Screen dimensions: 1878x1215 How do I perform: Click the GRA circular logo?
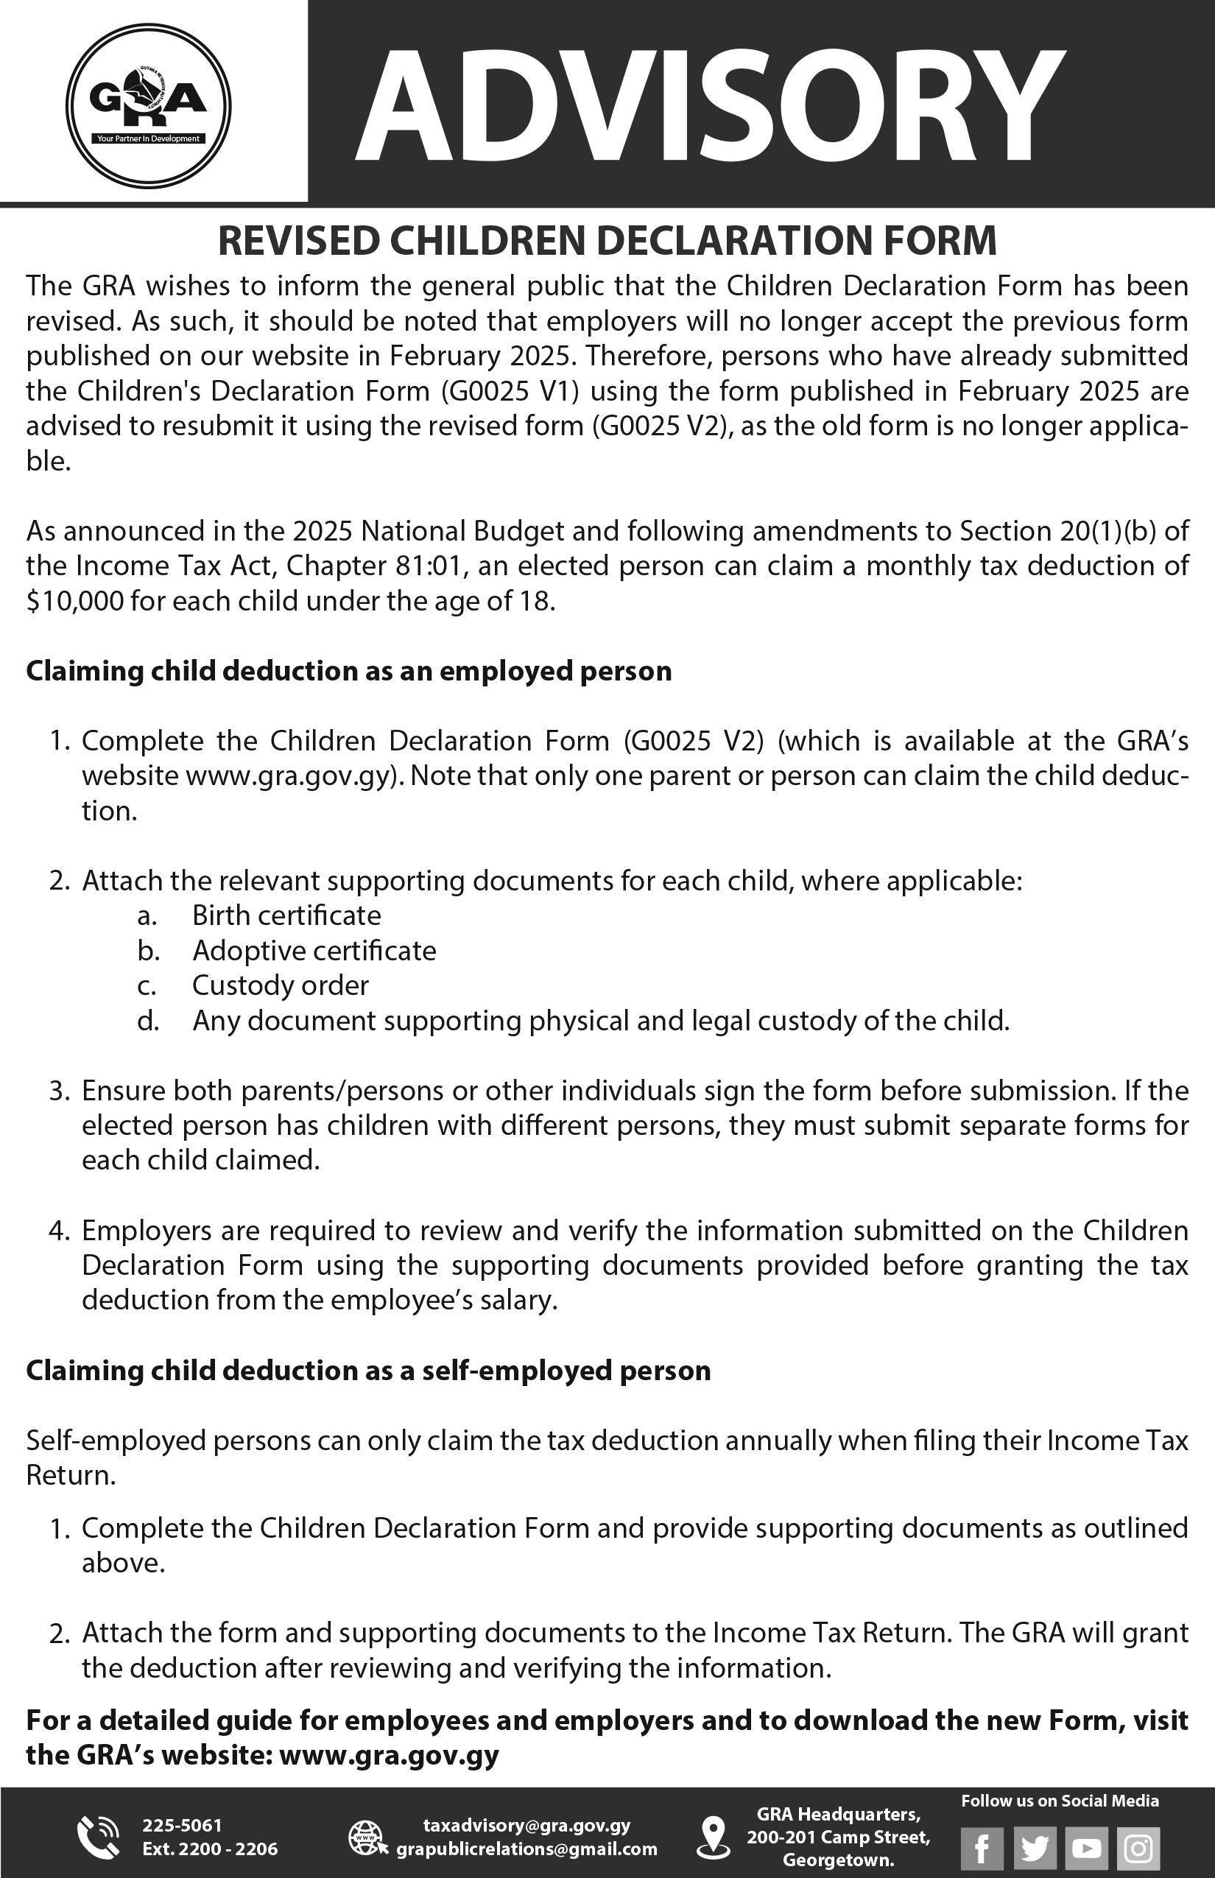148,107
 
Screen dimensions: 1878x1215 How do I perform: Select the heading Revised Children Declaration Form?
607,241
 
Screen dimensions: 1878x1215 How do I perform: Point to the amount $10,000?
75,601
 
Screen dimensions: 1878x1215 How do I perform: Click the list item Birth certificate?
286,915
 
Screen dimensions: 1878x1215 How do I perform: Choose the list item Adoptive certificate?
314,950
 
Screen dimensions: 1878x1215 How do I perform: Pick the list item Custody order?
280,985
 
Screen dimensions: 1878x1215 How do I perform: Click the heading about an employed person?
349,671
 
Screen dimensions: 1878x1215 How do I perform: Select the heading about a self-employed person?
368,1371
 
